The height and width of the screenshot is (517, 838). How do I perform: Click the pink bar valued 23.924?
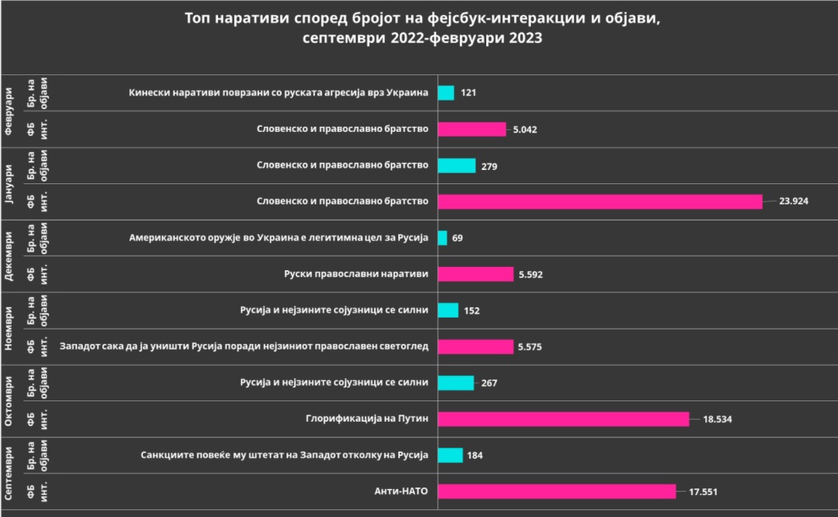point(600,201)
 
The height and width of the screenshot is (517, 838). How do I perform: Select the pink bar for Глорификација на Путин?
point(563,418)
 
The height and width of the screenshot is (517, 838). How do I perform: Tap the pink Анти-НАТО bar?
point(556,491)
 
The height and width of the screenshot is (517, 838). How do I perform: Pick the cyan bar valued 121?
point(446,93)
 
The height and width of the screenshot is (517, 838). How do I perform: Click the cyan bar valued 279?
point(457,166)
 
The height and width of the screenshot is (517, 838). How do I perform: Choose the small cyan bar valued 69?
point(442,238)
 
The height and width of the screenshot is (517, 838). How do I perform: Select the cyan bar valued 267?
point(456,383)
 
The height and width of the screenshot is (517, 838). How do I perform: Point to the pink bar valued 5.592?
point(475,274)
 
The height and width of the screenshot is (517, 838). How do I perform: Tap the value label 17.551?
point(704,492)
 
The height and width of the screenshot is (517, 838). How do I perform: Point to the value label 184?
point(476,455)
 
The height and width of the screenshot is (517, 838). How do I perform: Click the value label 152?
point(472,311)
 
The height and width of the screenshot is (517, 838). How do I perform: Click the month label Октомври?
point(11,400)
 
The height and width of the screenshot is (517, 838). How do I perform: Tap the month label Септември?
point(11,472)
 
